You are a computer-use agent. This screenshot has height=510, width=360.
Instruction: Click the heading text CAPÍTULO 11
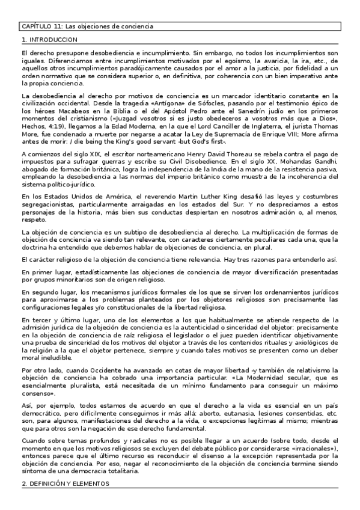41,27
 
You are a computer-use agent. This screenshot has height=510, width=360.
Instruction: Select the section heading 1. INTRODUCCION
49,39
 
